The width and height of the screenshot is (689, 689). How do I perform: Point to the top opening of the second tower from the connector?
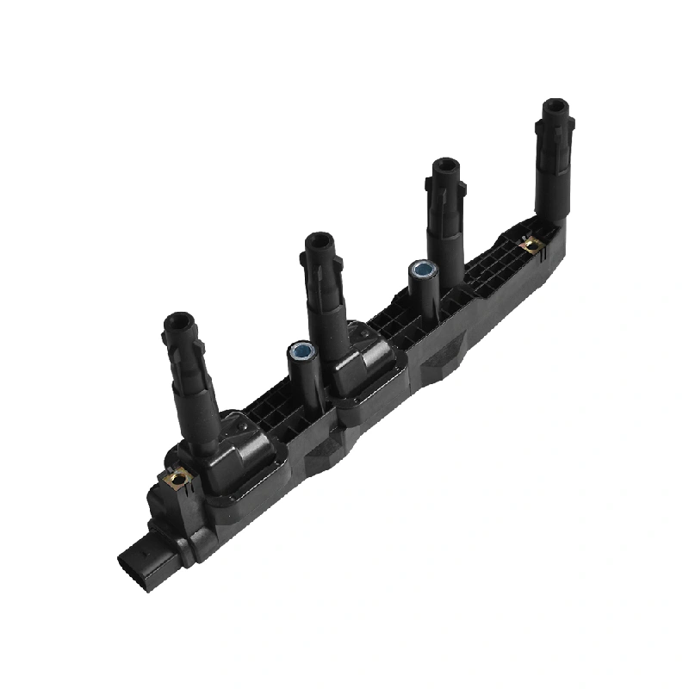point(318,242)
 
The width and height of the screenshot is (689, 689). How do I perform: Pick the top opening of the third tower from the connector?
point(444,166)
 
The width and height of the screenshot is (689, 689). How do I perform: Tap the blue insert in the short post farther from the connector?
point(421,269)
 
